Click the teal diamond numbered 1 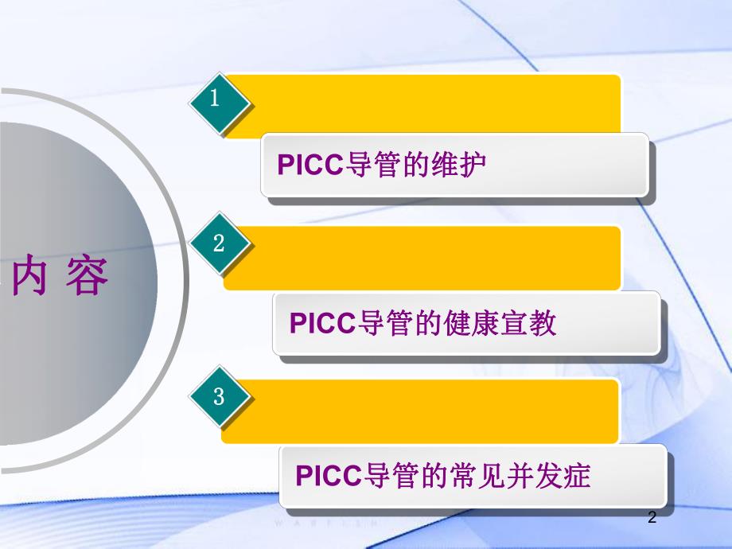pyautogui.click(x=220, y=101)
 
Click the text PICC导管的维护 pyautogui.click(x=381, y=165)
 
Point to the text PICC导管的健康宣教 pyautogui.click(x=422, y=323)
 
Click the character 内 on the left pyautogui.click(x=31, y=279)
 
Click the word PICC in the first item pyautogui.click(x=310, y=165)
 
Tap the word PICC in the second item pyautogui.click(x=321, y=323)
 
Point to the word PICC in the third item pyautogui.click(x=328, y=476)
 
